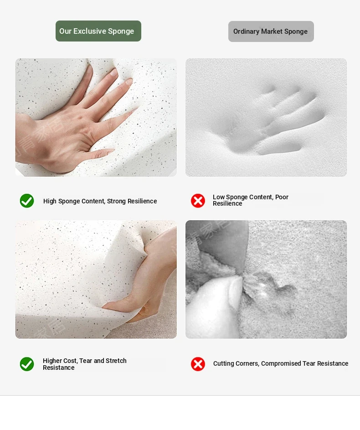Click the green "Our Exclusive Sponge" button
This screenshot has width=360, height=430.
click(98, 31)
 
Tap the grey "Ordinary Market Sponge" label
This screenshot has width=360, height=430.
click(271, 31)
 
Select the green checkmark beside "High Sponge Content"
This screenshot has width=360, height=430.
click(27, 201)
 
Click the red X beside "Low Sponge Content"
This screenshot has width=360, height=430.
click(198, 201)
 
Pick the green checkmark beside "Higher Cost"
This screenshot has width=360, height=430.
click(27, 364)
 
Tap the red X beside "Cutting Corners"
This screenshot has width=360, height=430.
click(198, 364)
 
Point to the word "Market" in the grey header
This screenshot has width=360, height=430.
click(272, 31)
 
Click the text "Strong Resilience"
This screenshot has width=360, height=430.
click(132, 201)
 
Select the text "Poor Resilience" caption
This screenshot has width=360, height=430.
click(251, 200)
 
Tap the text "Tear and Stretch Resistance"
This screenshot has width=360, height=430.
click(85, 364)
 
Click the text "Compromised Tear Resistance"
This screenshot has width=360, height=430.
click(305, 363)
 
